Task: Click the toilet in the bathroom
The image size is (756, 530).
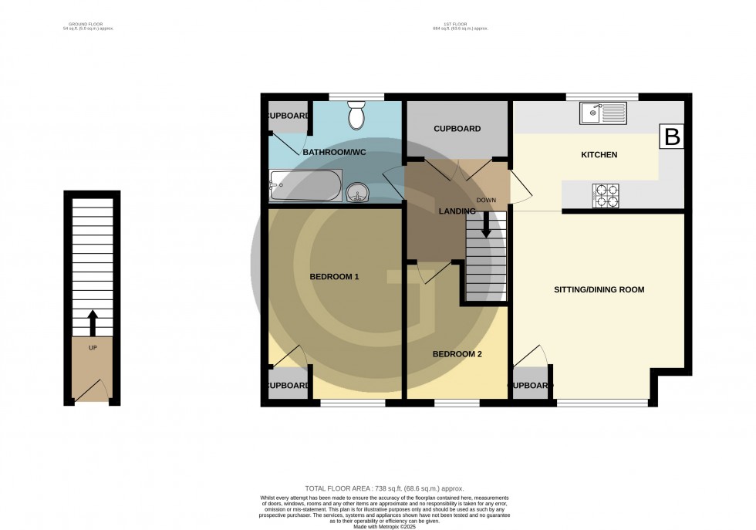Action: [x=356, y=116]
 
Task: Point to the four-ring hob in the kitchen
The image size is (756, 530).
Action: [x=604, y=196]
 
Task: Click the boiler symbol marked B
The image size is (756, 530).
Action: [x=672, y=137]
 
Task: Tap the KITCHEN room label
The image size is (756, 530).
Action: [x=599, y=155]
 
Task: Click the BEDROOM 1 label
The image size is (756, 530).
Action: [x=335, y=276]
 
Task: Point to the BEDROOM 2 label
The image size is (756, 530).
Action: [x=457, y=354]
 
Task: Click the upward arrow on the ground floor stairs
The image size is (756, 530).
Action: [x=93, y=322]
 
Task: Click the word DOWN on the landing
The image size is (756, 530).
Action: [x=486, y=201]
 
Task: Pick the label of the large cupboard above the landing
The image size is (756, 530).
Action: [x=457, y=129]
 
